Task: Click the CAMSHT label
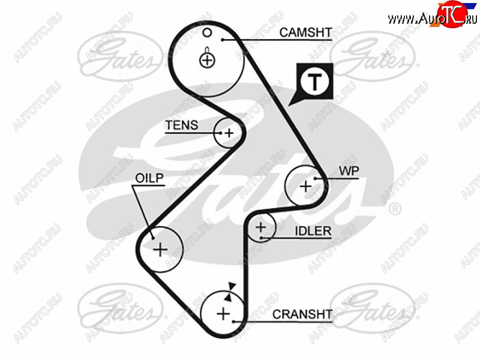(x=305, y=33)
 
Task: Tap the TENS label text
(x=181, y=125)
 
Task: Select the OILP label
(x=150, y=179)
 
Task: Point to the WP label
(x=349, y=171)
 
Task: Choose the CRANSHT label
(x=302, y=314)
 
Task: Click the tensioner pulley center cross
(x=229, y=133)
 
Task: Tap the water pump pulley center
(x=305, y=186)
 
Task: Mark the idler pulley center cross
(x=260, y=228)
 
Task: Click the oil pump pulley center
(x=160, y=248)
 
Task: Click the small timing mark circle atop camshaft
(x=205, y=32)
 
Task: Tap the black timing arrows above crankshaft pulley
(x=229, y=292)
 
